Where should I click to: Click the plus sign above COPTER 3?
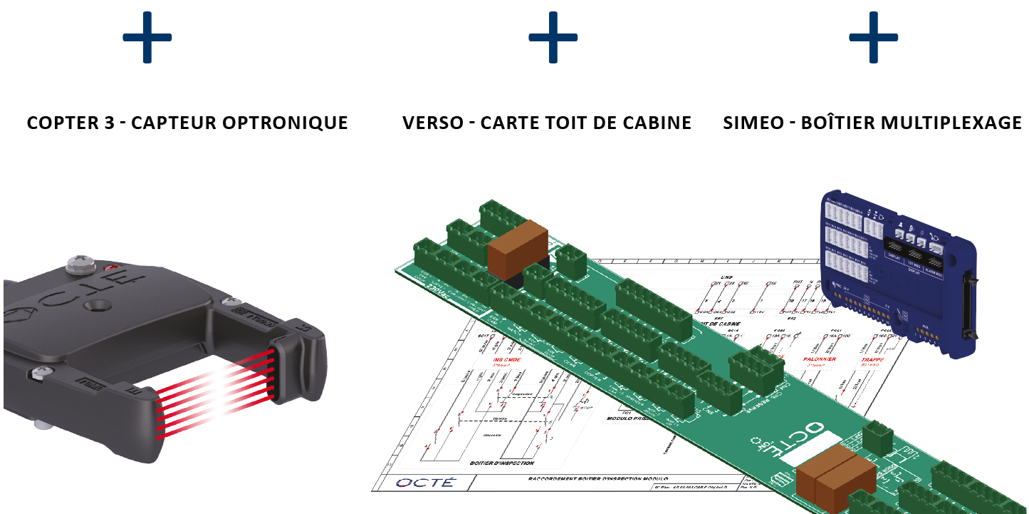point(147,38)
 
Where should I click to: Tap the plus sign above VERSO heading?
point(553,38)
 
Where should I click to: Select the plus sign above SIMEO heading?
point(873,38)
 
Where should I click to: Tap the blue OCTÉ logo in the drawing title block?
point(424,483)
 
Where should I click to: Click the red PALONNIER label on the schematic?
point(819,359)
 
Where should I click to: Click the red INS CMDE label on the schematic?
point(506,359)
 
